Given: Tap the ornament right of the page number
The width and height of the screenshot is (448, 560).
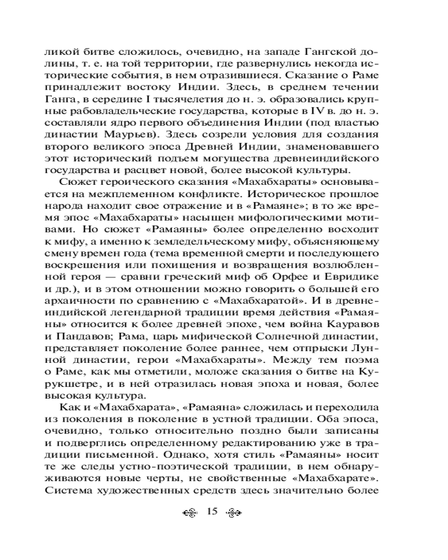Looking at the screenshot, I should [x=233, y=512].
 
